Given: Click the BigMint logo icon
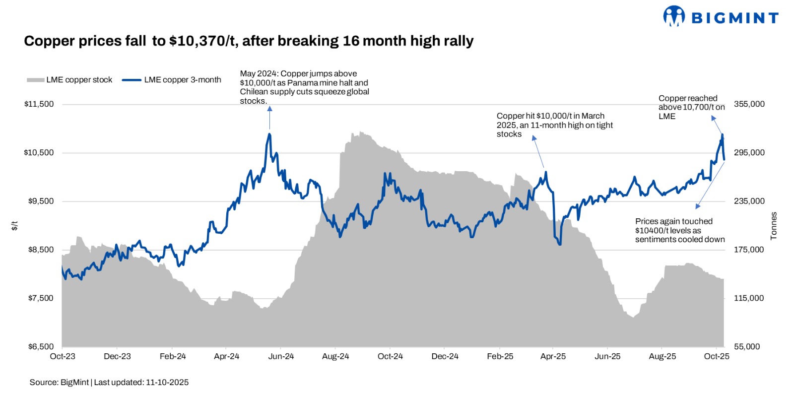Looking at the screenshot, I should [673, 16].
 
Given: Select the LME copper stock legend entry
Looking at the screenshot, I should [69, 80].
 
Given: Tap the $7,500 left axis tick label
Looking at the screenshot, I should [40, 298].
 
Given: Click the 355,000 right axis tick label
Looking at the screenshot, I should [749, 104].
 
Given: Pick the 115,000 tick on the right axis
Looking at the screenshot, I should [748, 298].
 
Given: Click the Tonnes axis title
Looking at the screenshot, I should [773, 226].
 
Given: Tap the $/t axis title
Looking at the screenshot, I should [15, 226].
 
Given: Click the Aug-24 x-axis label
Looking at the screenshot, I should [335, 356].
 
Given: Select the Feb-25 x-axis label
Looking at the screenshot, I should [500, 356].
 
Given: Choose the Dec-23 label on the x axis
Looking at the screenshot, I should [117, 356].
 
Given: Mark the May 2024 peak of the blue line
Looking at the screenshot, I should [269, 134].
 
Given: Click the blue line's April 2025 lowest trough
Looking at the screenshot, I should [560, 244].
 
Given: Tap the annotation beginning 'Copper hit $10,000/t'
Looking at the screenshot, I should [554, 125].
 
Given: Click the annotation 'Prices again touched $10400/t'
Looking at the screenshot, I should [679, 230].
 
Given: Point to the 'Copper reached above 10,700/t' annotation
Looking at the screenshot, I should [691, 107].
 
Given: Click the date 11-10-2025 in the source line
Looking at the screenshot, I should [167, 382].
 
